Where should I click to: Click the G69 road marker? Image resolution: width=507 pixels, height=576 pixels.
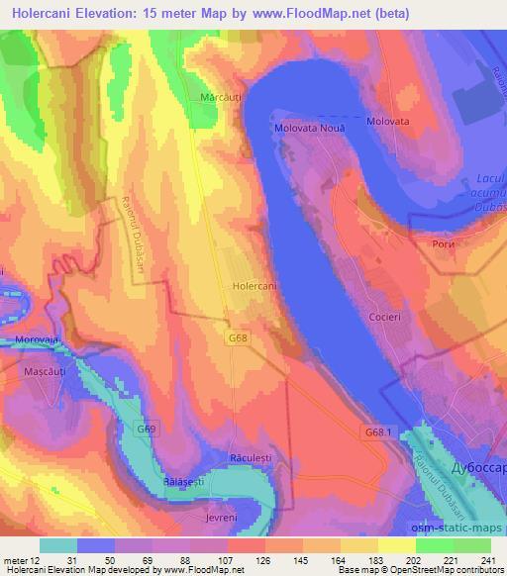pyautogui.click(x=146, y=428)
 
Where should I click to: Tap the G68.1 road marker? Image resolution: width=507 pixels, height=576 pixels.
pyautogui.click(x=377, y=432)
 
